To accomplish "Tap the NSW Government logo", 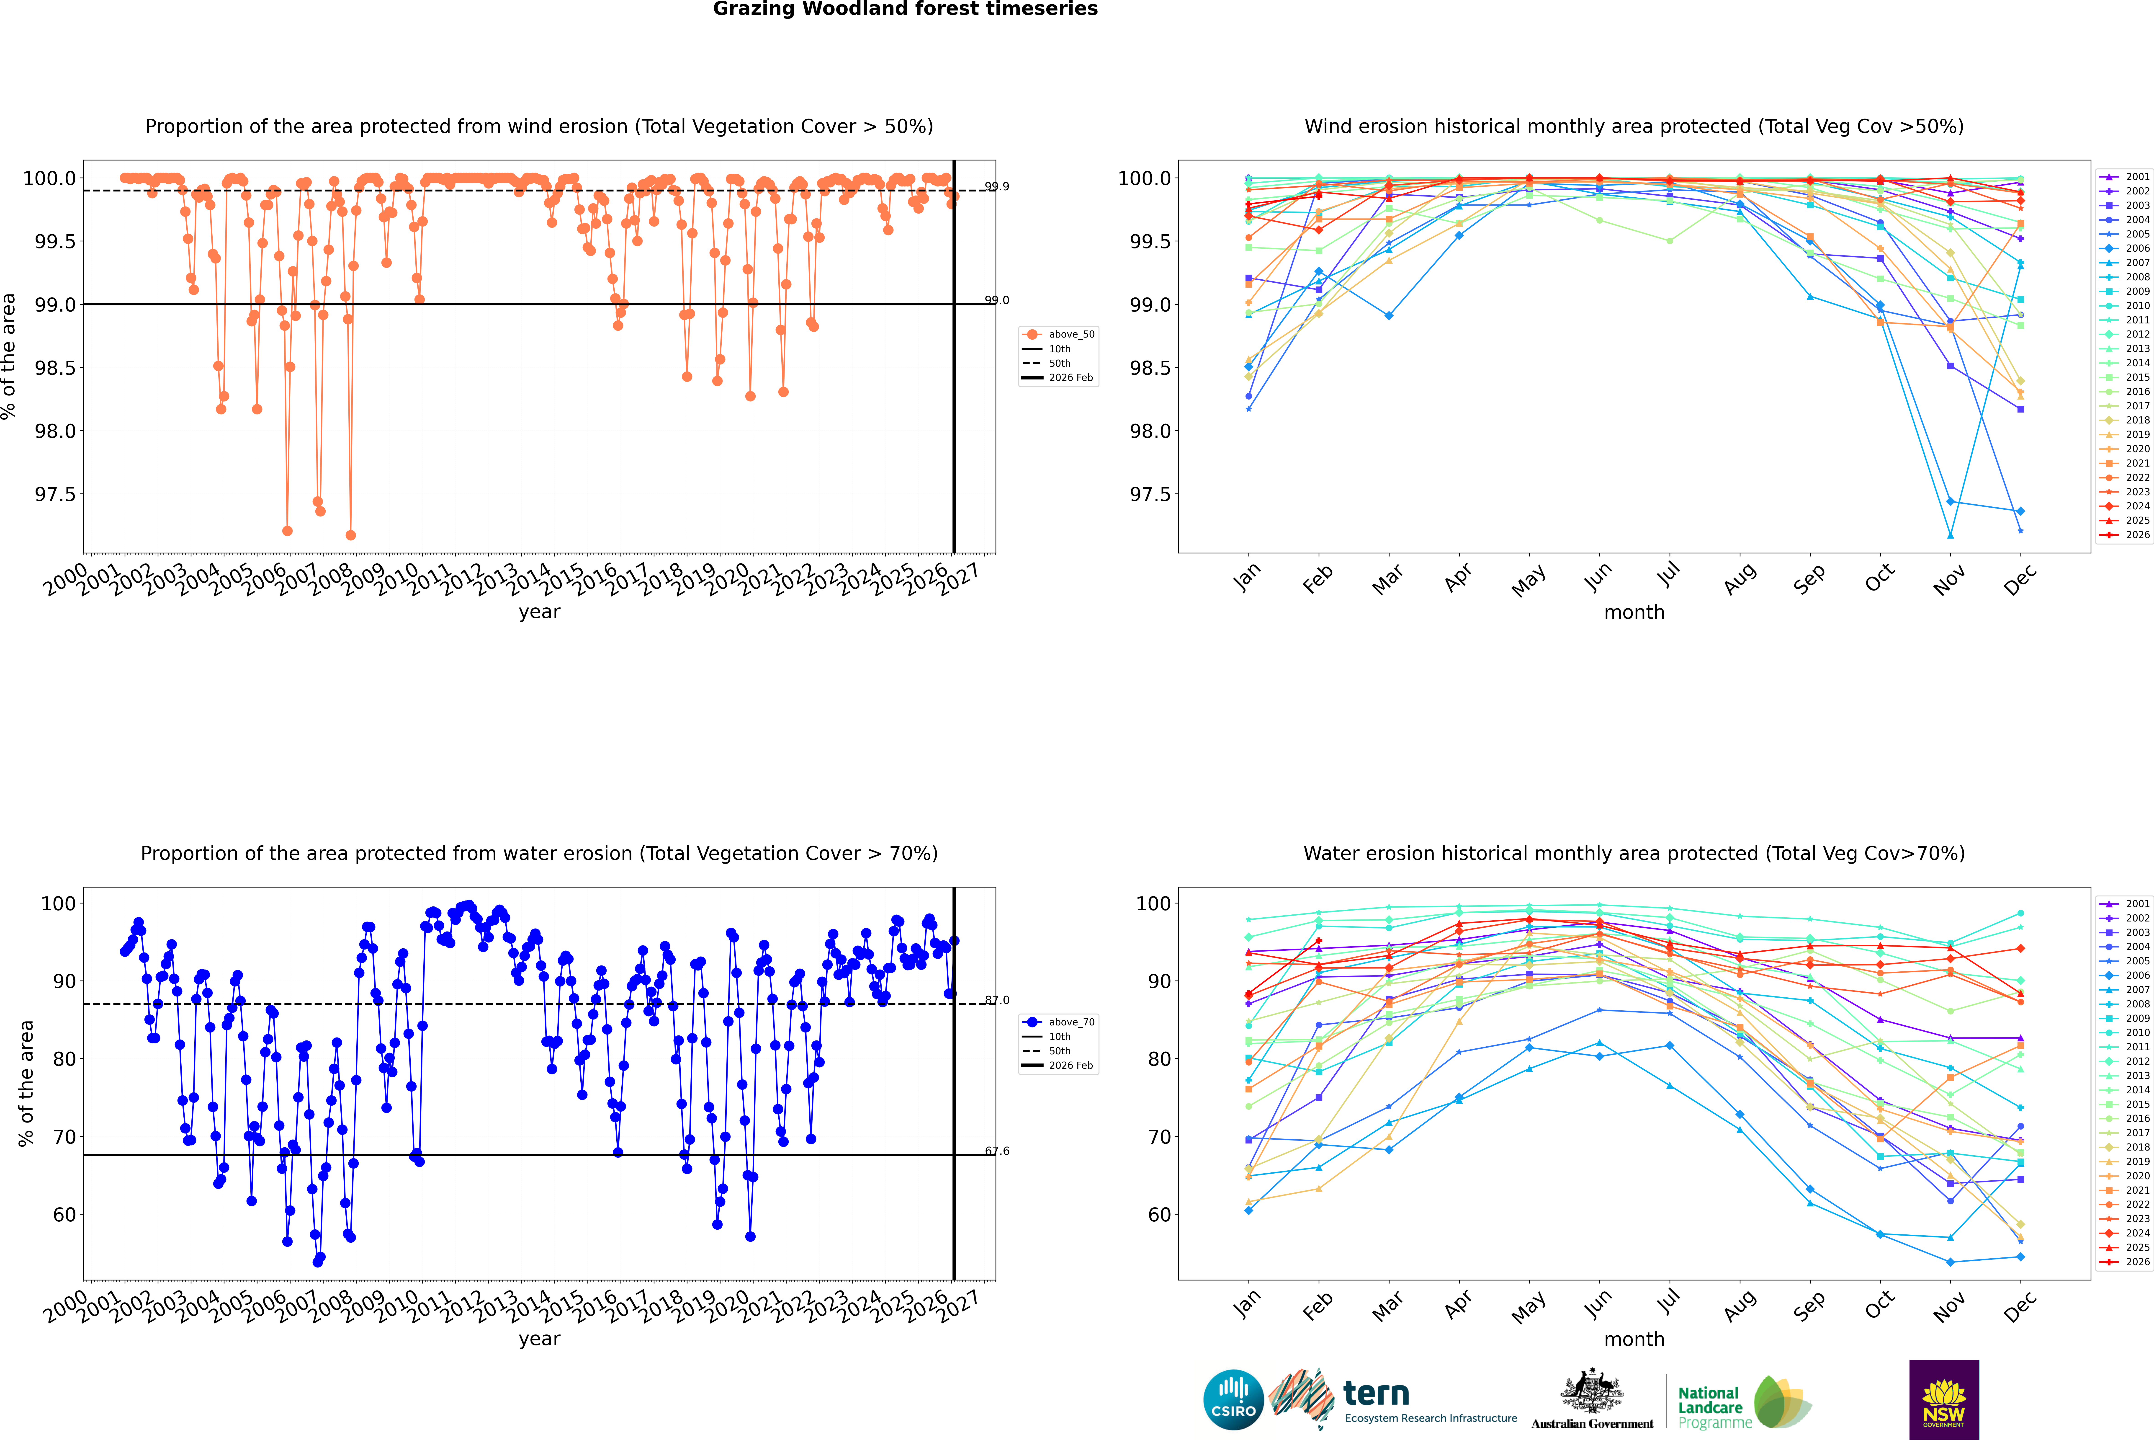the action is [1944, 1400].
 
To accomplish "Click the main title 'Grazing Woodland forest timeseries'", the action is [905, 9].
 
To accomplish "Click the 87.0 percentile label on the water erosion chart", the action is [997, 1000].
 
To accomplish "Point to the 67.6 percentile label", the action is [997, 1151].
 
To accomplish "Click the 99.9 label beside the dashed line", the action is [997, 186].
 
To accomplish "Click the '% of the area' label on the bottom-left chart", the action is [26, 1084].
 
